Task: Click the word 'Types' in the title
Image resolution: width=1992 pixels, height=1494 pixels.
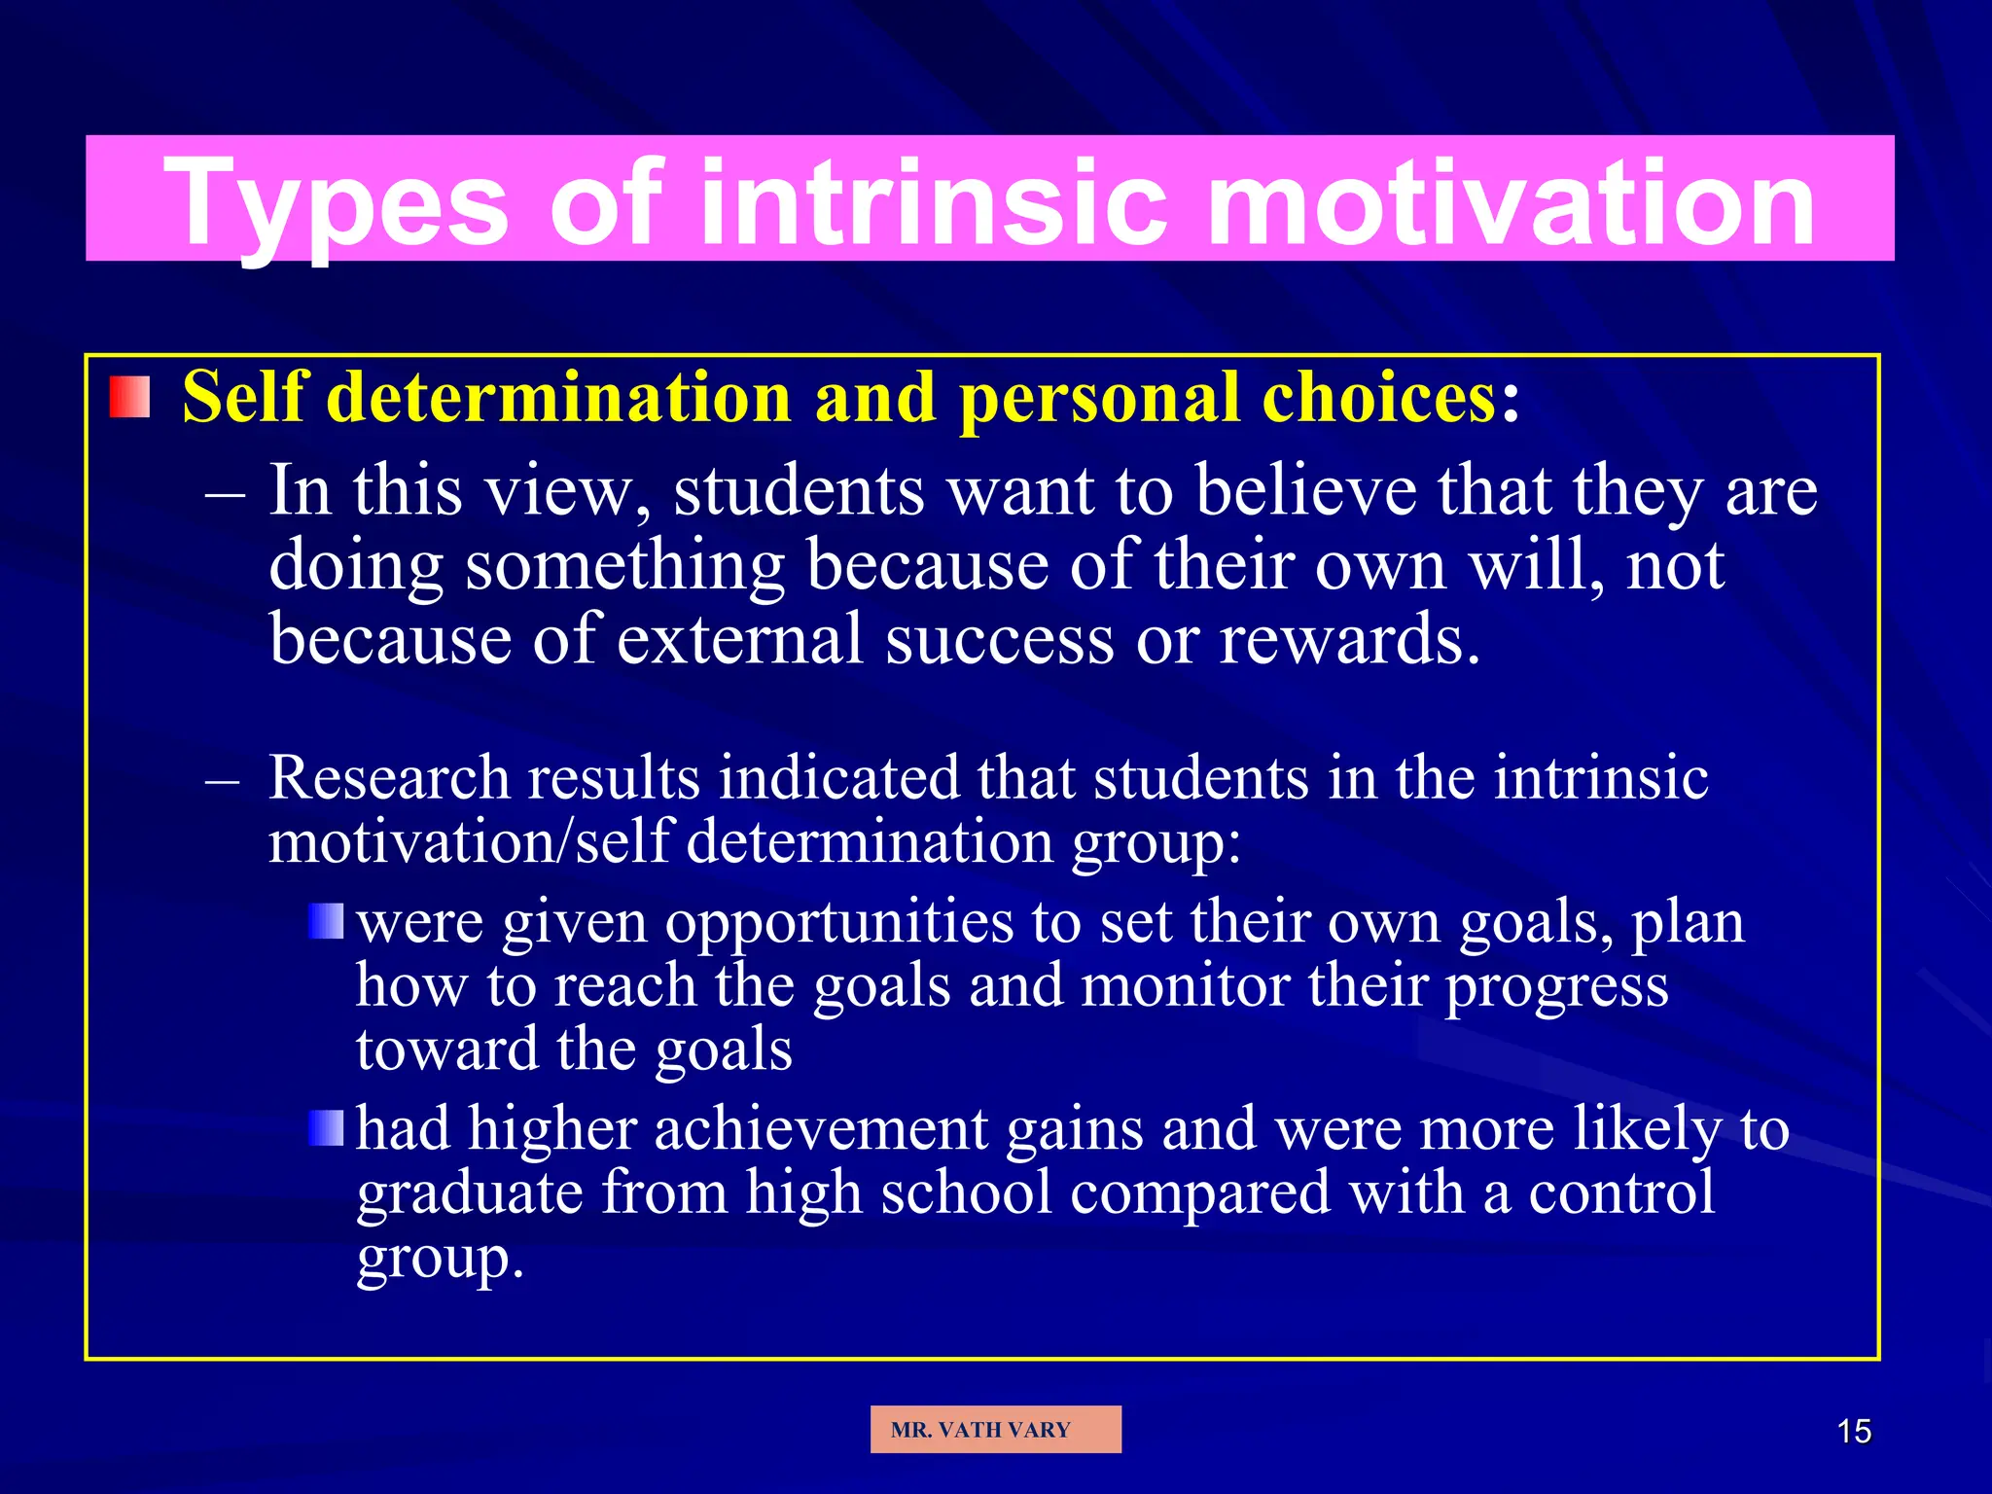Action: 336,204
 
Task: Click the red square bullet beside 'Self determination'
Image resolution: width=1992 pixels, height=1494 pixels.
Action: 129,398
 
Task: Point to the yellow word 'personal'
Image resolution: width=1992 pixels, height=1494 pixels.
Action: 1098,398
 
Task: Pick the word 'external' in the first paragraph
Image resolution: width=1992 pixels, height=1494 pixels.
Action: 740,640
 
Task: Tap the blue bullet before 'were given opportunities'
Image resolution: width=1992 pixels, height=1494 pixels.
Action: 327,921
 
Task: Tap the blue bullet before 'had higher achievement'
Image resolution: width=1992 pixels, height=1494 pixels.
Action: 327,1128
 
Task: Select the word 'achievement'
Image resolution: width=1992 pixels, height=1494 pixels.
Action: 821,1130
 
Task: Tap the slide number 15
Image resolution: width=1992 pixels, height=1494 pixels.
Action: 1854,1432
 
